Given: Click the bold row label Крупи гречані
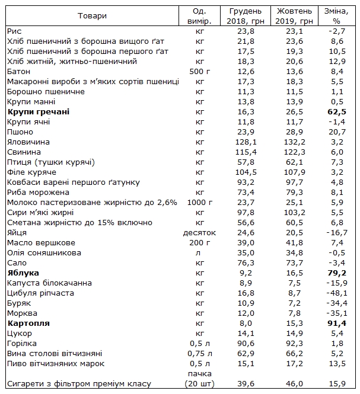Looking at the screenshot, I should [38, 111].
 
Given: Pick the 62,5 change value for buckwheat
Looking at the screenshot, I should [339, 111].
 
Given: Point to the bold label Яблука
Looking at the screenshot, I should [23, 273].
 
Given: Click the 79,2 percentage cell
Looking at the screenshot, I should [339, 273].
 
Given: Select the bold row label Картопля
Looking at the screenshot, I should [28, 323].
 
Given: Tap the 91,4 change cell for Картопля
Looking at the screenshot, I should [339, 323].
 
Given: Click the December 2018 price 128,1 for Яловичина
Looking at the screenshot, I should [245, 142].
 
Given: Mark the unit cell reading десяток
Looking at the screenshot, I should [199, 233].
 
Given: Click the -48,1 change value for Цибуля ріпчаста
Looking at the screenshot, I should [339, 293].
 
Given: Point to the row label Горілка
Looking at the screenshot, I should [21, 344].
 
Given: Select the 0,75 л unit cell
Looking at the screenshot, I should [199, 354].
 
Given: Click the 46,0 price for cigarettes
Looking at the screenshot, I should [295, 385].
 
